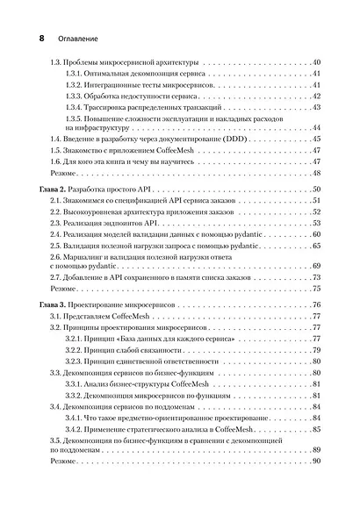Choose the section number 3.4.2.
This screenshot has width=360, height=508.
pyautogui.click(x=76, y=430)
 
